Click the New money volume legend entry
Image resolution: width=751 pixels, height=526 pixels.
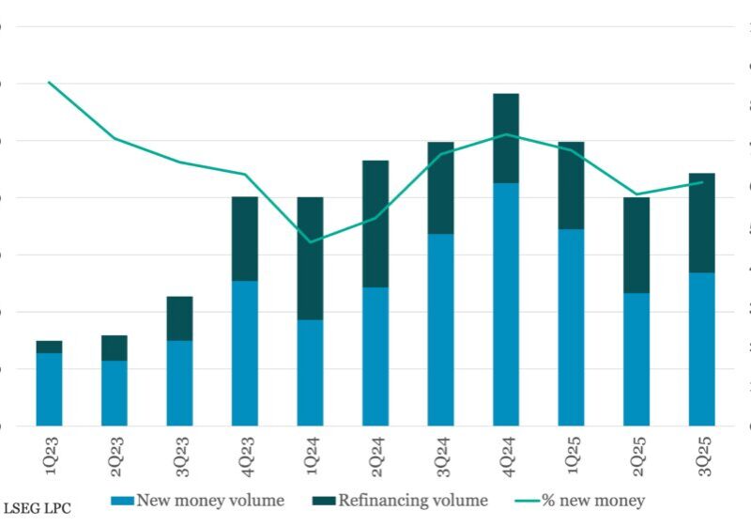(198, 501)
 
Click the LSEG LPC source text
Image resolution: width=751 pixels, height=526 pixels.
(37, 508)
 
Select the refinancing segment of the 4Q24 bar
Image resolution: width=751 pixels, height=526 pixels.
(506, 138)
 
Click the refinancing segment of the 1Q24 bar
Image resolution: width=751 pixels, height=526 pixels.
(310, 258)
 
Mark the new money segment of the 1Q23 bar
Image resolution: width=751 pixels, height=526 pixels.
(49, 389)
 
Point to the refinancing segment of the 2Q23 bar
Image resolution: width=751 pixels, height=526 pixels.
(115, 348)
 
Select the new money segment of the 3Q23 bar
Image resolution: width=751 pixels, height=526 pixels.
(179, 382)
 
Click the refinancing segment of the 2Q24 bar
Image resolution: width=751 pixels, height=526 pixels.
(375, 224)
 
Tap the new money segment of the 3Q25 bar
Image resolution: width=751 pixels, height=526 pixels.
(701, 348)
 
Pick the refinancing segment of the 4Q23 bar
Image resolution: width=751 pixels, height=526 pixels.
(245, 239)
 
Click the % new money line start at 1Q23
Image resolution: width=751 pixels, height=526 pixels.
(49, 83)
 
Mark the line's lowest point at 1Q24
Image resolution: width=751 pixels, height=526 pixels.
(310, 242)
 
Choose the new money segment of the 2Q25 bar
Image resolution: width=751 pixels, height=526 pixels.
(636, 359)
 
